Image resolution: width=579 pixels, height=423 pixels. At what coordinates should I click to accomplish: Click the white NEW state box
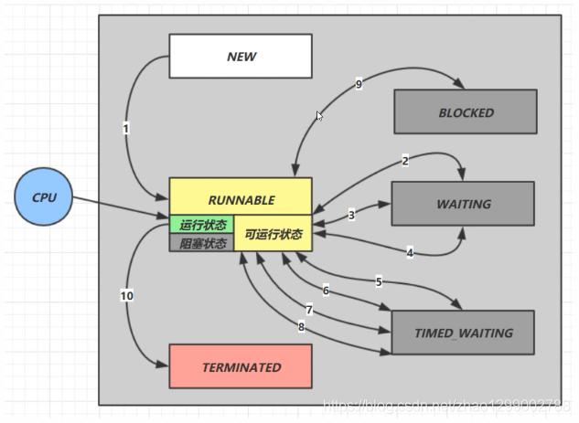click(x=241, y=56)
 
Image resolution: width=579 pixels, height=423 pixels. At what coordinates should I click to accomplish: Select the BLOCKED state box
click(x=466, y=112)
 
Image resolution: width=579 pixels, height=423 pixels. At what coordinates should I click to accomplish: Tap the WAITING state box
click(x=463, y=204)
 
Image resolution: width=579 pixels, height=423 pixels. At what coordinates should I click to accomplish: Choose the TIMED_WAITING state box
click(x=463, y=333)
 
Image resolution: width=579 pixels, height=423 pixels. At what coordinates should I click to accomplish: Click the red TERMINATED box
click(x=241, y=366)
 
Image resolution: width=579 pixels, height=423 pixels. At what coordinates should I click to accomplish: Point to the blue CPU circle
click(x=44, y=197)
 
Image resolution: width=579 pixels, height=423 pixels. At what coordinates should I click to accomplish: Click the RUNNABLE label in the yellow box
click(x=241, y=199)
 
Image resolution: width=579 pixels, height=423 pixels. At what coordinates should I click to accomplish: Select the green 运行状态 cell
click(x=202, y=225)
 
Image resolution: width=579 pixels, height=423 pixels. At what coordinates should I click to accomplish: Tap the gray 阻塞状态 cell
click(x=202, y=243)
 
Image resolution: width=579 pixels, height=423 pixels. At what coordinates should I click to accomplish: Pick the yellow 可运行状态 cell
click(x=273, y=234)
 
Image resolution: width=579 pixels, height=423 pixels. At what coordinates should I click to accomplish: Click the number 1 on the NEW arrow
click(x=126, y=129)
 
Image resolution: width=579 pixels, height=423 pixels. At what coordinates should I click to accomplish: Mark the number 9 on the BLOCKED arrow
click(x=359, y=84)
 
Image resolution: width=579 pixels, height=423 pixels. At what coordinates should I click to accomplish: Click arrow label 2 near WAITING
click(x=404, y=161)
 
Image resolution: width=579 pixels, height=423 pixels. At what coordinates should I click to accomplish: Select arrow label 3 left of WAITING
click(x=351, y=216)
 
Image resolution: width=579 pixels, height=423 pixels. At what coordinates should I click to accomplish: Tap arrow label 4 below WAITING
click(x=410, y=252)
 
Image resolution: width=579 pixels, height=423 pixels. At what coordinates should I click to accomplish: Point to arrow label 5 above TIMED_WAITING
click(x=379, y=281)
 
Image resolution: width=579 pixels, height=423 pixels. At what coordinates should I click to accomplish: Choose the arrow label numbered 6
click(x=326, y=291)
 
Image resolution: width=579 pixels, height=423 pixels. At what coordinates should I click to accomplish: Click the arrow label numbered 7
click(x=309, y=311)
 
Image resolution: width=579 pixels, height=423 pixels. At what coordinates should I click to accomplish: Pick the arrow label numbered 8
click(x=301, y=326)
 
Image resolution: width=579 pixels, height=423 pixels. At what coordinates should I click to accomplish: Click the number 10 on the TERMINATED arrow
click(x=126, y=295)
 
